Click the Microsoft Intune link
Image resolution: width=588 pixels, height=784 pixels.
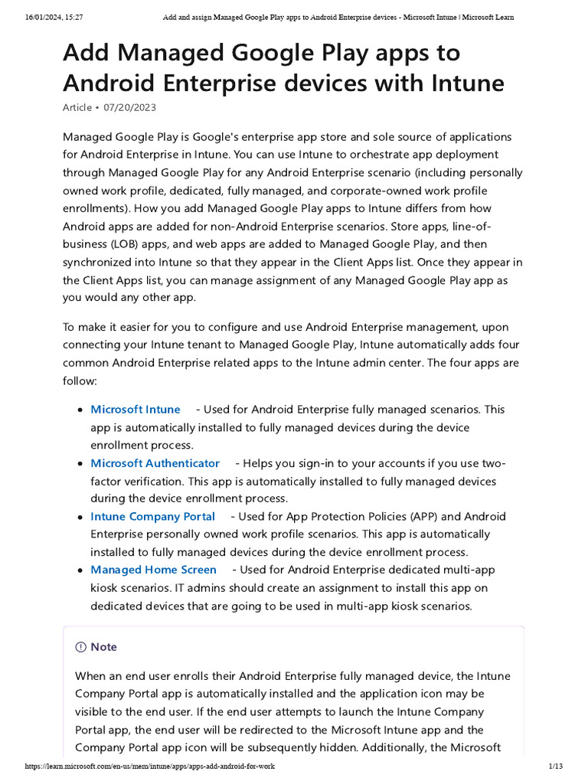(136, 410)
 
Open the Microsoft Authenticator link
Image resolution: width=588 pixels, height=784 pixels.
(155, 463)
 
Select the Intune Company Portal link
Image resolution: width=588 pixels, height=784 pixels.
(152, 517)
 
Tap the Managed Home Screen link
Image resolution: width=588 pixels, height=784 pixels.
(153, 570)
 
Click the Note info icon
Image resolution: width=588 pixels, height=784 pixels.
(80, 647)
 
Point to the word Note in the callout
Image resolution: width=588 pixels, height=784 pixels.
(104, 647)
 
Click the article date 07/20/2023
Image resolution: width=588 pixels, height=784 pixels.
(130, 108)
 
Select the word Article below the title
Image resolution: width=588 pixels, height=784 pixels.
(77, 108)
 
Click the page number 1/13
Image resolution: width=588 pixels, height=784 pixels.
(556, 766)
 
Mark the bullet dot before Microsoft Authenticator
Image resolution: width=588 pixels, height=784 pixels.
(80, 464)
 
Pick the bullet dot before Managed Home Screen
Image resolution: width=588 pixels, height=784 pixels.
(80, 570)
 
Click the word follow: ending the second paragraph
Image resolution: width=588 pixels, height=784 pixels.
(80, 381)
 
